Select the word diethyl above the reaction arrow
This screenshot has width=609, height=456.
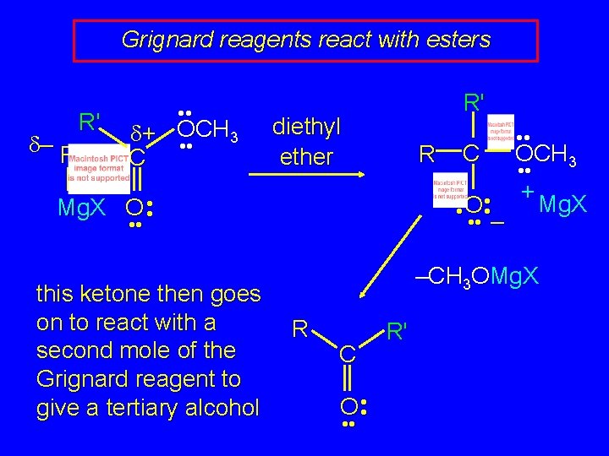point(306,128)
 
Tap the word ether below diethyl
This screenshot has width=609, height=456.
point(306,157)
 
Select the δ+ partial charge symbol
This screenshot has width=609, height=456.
point(145,133)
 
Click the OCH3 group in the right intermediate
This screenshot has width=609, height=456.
point(546,155)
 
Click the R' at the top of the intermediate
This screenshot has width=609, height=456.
point(474,102)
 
